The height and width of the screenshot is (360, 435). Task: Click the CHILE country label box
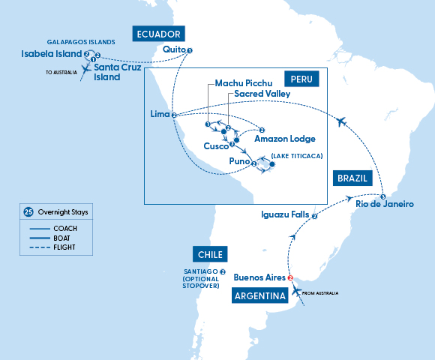210,254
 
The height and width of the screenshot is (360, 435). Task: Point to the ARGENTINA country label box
261,296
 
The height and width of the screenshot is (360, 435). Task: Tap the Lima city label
159,115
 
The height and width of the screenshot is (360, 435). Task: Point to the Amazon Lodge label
285,139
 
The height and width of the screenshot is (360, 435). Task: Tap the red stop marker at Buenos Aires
290,277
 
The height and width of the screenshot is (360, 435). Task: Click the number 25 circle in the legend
28,212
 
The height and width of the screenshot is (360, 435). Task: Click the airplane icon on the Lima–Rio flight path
342,121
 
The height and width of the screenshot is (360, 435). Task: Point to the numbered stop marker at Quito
189,51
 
